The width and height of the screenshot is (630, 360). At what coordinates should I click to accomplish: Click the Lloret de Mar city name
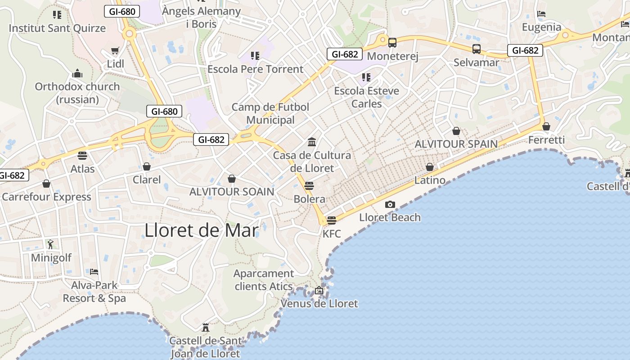(x=201, y=230)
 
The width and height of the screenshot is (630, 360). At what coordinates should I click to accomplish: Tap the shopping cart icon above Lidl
(x=115, y=51)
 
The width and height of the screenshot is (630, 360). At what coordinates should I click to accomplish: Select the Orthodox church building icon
(x=77, y=73)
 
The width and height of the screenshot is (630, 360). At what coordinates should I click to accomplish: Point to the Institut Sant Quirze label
(x=57, y=28)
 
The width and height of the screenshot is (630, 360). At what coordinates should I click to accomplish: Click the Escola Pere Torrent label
(x=255, y=69)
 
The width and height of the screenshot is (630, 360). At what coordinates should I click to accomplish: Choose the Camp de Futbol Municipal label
(x=270, y=113)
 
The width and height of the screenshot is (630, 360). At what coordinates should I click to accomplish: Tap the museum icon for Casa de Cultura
(x=311, y=142)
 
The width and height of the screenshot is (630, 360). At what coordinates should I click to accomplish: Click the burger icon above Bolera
(x=309, y=185)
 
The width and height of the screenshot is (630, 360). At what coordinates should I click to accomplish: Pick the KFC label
(x=332, y=234)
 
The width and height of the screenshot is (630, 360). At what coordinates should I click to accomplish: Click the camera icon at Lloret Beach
(x=390, y=205)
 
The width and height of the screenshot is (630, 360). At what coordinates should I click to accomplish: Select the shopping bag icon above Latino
(x=430, y=167)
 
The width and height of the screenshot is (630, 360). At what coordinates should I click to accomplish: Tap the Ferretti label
(x=546, y=140)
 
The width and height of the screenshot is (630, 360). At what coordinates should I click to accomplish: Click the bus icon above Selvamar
(x=476, y=49)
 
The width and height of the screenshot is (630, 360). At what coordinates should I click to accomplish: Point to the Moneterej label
(x=393, y=56)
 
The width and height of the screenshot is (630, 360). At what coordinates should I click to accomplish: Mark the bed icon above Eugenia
(x=541, y=14)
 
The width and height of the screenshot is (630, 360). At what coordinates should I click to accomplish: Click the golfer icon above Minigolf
(x=50, y=244)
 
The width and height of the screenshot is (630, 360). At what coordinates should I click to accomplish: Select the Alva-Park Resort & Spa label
(x=94, y=292)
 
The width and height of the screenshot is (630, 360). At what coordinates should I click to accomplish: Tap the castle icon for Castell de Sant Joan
(x=206, y=327)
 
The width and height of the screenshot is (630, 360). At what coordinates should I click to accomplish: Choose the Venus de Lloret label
(x=319, y=304)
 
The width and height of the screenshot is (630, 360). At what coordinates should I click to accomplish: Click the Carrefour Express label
(x=46, y=197)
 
